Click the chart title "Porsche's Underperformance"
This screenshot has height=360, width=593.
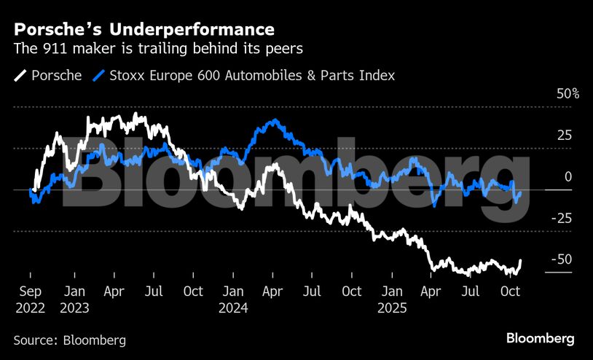coord(144,29)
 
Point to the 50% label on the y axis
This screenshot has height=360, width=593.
coord(568,95)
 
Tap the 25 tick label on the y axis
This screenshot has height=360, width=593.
coord(564,136)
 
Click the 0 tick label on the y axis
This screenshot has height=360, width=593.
coord(568,177)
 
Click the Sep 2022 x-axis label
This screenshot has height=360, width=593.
coord(30,299)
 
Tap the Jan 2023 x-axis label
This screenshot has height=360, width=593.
coord(74,299)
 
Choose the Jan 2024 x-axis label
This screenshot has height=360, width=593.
coord(233,299)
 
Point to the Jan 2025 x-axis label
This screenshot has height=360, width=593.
coord(392,299)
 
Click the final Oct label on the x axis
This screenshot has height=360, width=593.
coord(511,291)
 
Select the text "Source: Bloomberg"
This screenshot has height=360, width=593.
coord(69,340)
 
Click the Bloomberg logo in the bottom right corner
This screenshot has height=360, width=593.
coord(541,339)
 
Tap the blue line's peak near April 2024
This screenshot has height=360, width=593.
coord(273,120)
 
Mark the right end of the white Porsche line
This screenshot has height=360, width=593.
coord(521,260)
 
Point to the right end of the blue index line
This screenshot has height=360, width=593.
coord(520,192)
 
